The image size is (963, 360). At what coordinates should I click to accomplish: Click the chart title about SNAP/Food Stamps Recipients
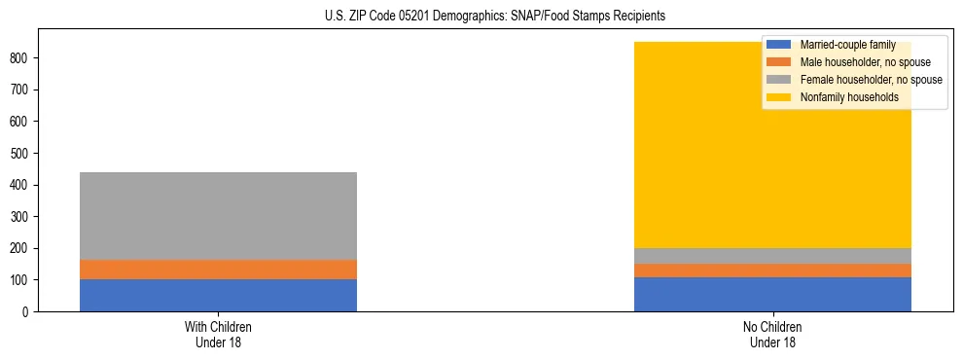tap(481, 17)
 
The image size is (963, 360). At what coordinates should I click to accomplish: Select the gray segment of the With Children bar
tap(218, 216)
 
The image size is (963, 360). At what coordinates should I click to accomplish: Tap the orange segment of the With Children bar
tap(218, 270)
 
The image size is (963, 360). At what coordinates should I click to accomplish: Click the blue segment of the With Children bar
tap(218, 296)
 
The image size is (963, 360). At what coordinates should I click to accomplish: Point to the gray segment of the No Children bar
tap(772, 256)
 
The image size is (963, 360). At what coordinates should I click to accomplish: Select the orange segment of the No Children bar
tap(772, 270)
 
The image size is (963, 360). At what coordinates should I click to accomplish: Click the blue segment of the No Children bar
tap(772, 295)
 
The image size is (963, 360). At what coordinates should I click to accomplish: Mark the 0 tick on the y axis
tap(29, 312)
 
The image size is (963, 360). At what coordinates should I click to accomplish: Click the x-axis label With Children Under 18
tap(218, 335)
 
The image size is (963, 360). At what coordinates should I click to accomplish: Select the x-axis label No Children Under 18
tap(772, 335)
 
